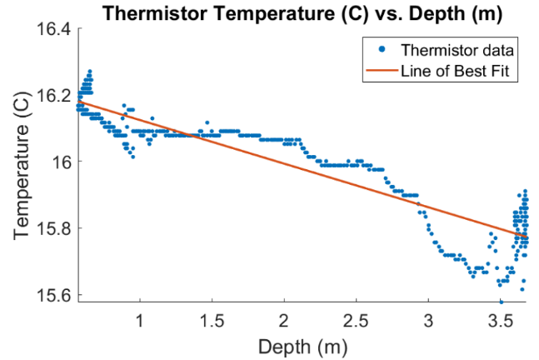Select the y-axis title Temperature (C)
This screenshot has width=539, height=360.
(22, 164)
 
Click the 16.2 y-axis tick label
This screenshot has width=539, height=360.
(57, 95)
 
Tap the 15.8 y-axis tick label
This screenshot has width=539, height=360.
(57, 228)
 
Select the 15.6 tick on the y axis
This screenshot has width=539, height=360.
(57, 295)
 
